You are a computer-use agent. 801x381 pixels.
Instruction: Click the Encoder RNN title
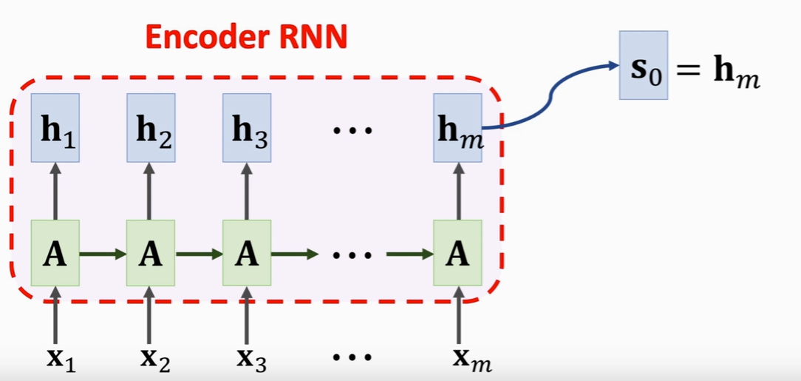click(245, 37)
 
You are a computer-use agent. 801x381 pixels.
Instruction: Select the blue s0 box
click(644, 66)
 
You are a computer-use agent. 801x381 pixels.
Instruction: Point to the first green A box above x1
click(55, 254)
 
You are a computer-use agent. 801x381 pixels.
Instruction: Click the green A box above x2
click(151, 254)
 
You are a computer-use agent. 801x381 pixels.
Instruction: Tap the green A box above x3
click(247, 254)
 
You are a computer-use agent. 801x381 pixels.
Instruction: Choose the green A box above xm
click(457, 254)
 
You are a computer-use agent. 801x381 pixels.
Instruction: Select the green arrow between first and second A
click(103, 254)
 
